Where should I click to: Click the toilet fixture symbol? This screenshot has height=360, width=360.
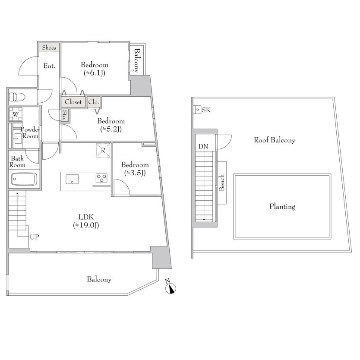tap(17, 97)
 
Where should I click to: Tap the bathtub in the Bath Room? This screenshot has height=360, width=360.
tap(24, 179)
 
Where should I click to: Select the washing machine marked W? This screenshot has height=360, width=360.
tap(16, 114)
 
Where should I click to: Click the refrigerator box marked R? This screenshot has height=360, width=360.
tap(103, 150)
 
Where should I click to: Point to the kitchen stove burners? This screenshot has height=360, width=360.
tap(101, 178)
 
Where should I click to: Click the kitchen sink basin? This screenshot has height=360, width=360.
tap(73, 179)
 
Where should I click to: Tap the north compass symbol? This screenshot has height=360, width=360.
tap(170, 287)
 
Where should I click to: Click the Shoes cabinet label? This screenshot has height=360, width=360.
tap(49, 48)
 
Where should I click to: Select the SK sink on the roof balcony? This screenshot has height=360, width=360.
tap(197, 110)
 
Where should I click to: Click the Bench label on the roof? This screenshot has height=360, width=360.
tap(222, 183)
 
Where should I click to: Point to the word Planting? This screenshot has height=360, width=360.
tap(282, 206)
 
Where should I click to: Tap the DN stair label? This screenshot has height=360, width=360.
tap(203, 146)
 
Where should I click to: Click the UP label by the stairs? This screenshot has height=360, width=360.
tap(35, 237)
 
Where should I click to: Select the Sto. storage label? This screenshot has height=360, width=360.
tap(65, 115)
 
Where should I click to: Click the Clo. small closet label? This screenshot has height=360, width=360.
tap(94, 102)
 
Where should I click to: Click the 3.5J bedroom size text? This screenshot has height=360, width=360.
tap(135, 173)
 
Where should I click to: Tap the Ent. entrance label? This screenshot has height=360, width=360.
tap(49, 66)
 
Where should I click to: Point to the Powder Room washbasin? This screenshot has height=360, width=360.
tap(17, 139)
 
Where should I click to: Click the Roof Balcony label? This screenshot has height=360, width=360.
tap(275, 140)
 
